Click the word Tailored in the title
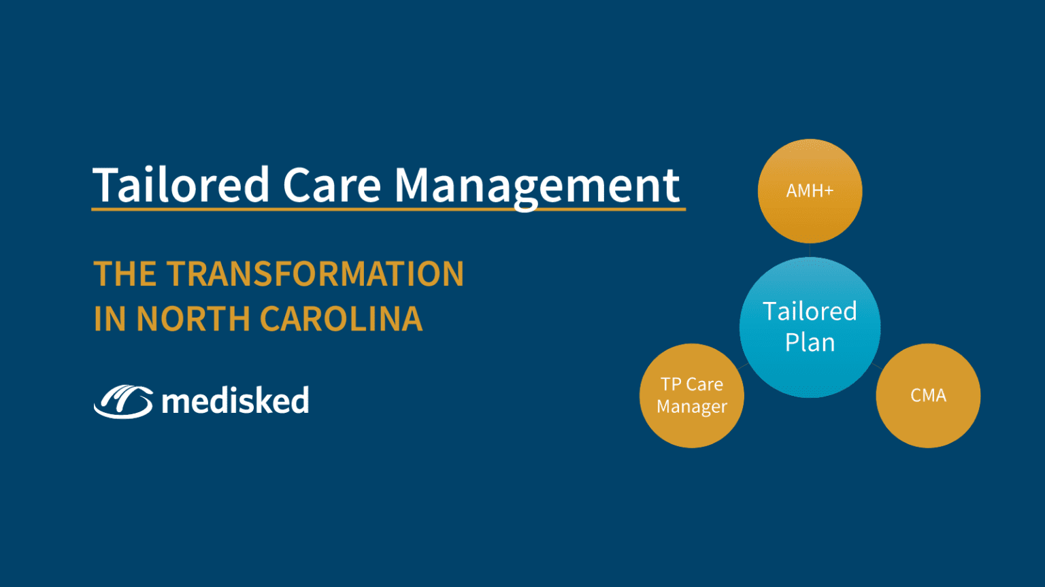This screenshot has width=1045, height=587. tap(181, 185)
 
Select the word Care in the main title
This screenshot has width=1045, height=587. tap(331, 185)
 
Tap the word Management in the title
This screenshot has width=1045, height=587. tap(537, 185)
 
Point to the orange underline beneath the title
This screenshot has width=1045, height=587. tap(388, 209)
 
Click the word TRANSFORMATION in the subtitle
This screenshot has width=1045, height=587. tap(316, 274)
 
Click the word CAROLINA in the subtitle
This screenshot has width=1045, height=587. tap(341, 319)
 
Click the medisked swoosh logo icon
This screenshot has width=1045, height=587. tap(123, 401)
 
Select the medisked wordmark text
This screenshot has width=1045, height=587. tap(235, 401)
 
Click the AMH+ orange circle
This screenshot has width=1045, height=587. tap(810, 191)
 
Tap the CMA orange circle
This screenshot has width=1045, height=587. tap(928, 395)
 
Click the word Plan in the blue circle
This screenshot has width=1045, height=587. tap(810, 343)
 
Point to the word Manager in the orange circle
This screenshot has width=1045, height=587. tap(692, 407)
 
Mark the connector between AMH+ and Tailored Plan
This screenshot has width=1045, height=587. tap(810, 250)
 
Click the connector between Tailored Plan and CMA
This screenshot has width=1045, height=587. tap(877, 367)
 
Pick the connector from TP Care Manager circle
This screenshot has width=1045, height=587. tap(742, 367)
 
